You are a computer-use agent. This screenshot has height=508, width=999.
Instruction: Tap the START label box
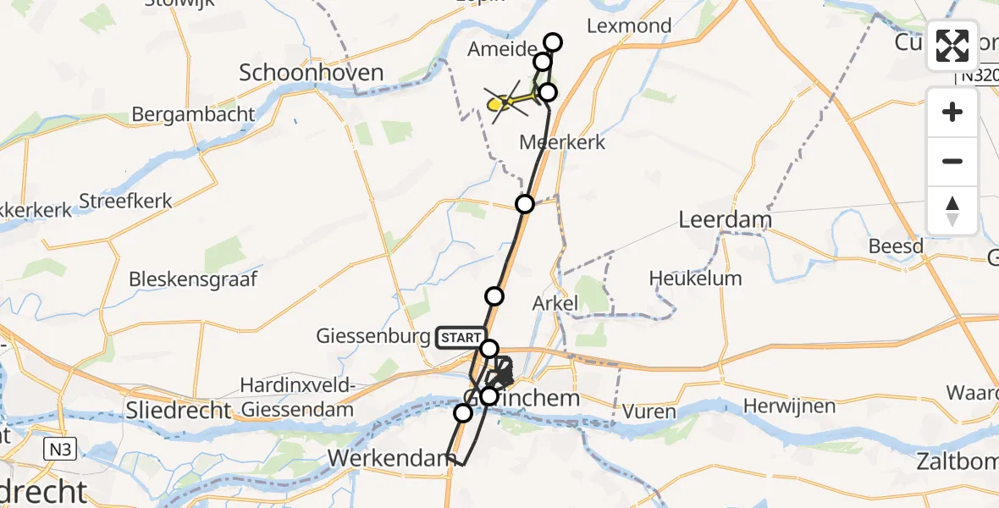[x=461, y=338]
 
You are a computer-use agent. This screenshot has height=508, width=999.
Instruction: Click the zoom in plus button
[x=952, y=113]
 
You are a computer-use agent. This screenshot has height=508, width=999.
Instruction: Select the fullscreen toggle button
[x=952, y=46]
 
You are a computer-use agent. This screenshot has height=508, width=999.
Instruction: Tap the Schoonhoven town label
[x=312, y=73]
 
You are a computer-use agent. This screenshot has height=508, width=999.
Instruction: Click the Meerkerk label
[x=563, y=142]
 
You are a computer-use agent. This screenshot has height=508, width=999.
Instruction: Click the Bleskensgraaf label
[x=193, y=279]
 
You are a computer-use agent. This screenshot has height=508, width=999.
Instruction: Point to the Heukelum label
[x=695, y=279]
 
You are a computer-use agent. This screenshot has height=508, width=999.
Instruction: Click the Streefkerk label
[x=125, y=202]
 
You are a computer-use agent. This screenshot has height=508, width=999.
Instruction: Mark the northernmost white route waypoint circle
[x=553, y=41]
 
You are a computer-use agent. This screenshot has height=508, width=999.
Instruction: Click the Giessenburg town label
[x=373, y=337]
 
